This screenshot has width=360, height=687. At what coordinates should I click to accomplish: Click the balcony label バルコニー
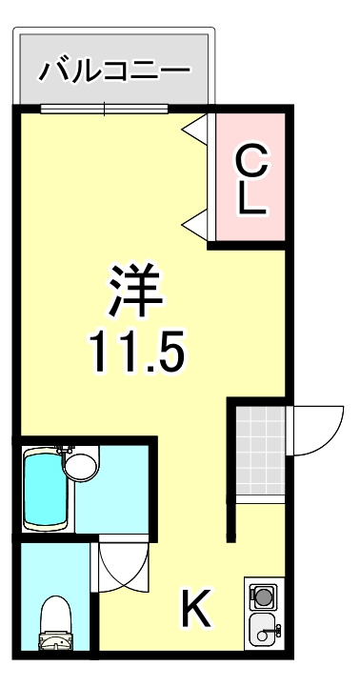click(x=114, y=70)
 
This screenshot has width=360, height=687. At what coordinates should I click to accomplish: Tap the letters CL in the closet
click(x=251, y=179)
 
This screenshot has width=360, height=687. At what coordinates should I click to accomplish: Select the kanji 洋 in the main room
click(x=136, y=290)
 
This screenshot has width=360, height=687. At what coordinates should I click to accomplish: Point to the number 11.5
click(x=135, y=351)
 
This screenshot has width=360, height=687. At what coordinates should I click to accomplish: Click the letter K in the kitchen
click(x=196, y=607)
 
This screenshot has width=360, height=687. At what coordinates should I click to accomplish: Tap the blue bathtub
click(x=46, y=491)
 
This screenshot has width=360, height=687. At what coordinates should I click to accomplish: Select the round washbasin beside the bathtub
click(x=81, y=466)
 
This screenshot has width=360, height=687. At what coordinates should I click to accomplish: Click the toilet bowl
click(x=55, y=616)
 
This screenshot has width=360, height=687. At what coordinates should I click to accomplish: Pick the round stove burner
click(x=264, y=596)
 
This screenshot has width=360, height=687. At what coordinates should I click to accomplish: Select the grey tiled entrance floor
click(x=261, y=451)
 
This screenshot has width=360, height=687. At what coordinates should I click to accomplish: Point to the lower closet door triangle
click(x=195, y=224)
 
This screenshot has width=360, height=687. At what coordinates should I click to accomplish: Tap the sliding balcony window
click(x=104, y=109)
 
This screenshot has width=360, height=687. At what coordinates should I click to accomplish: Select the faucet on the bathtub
click(x=65, y=450)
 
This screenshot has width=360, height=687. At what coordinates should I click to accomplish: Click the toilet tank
click(x=55, y=641)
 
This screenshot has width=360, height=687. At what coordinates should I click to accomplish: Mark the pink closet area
click(x=250, y=176)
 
